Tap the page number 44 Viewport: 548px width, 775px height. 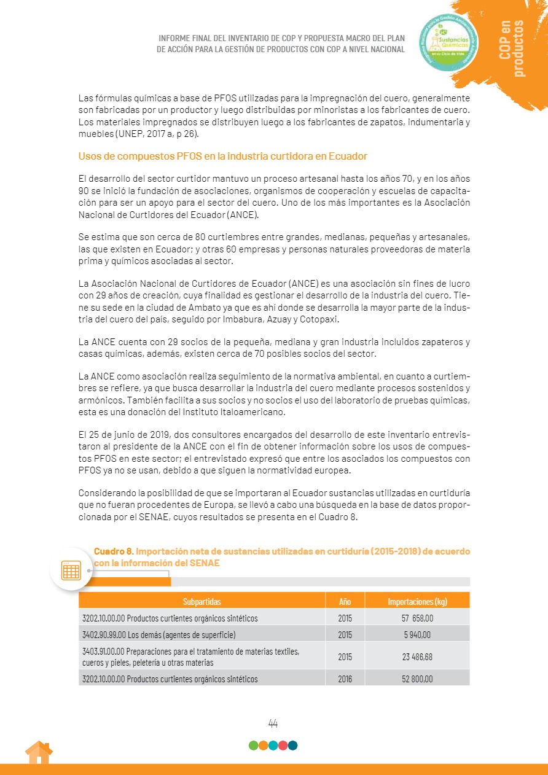(273, 723)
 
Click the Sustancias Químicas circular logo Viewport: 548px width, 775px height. (450, 42)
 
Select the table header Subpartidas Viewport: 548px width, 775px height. (202, 601)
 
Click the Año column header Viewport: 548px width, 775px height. (345, 601)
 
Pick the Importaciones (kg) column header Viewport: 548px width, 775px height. (417, 601)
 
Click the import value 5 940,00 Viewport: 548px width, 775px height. (417, 635)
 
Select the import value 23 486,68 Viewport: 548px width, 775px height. (417, 656)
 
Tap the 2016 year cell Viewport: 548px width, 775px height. (345, 679)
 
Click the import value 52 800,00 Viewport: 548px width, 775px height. (417, 679)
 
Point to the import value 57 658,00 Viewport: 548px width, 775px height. (417, 618)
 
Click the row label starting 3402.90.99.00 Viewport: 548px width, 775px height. (159, 635)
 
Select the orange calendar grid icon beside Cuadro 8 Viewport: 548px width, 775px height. (71, 570)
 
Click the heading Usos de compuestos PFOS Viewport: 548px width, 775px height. (223, 157)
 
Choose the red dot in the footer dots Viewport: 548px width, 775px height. (283, 746)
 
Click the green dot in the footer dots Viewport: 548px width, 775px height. (253, 746)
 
